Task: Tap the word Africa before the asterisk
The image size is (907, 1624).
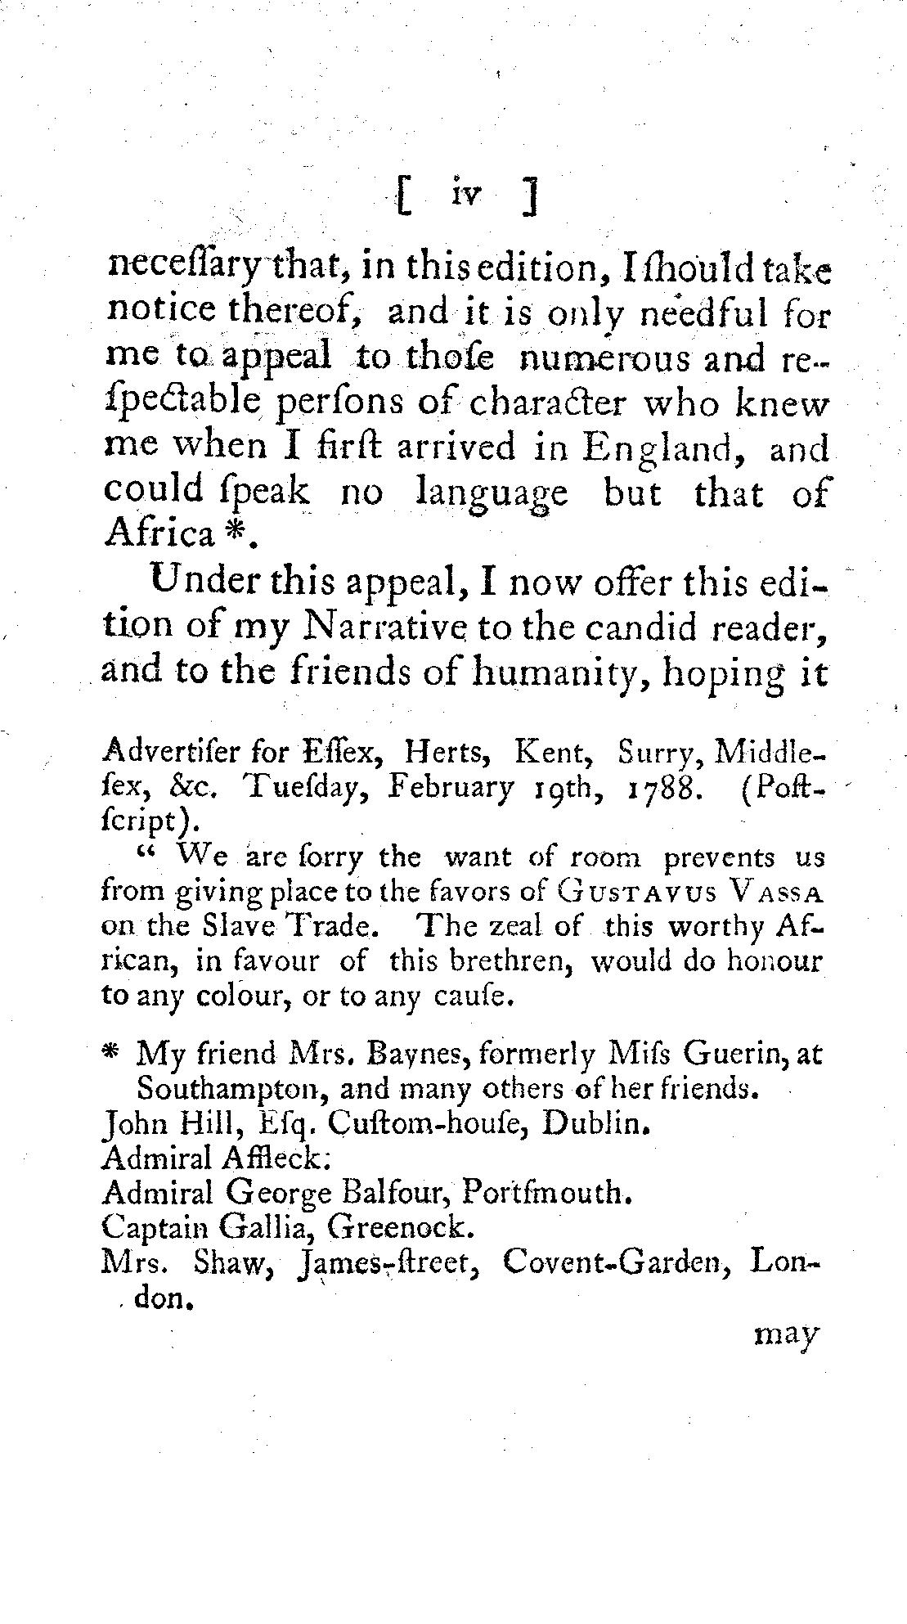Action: click(x=158, y=534)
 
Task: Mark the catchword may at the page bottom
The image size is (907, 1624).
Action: click(x=783, y=1335)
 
